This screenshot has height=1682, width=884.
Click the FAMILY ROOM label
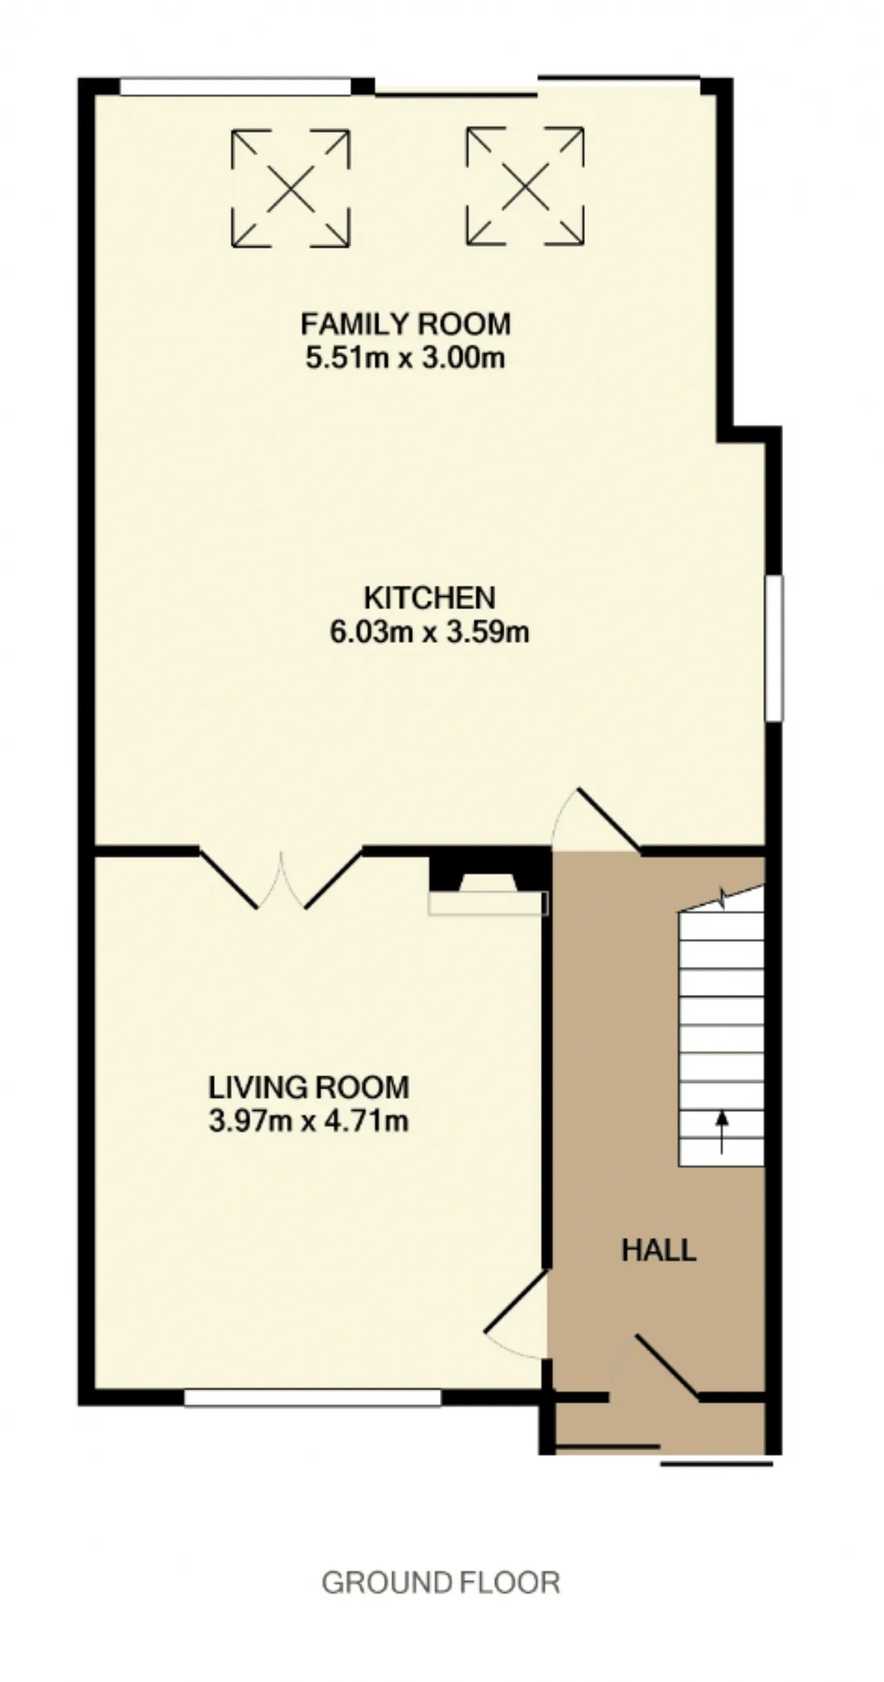(405, 324)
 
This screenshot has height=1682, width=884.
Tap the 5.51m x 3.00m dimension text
(405, 358)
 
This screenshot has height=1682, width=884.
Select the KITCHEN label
(430, 598)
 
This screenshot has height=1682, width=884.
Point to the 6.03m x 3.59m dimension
(430, 632)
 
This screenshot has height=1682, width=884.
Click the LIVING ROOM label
(309, 1087)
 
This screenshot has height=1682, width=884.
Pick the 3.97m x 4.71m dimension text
(309, 1120)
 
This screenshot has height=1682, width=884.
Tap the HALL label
(659, 1250)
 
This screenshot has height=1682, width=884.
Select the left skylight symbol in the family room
(291, 188)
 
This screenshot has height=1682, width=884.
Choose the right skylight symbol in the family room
(525, 186)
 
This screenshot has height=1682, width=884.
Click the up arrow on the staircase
(722, 1131)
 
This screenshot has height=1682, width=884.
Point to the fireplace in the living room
(488, 886)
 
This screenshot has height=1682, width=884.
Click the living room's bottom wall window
(313, 1397)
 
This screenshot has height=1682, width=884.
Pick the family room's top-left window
(236, 86)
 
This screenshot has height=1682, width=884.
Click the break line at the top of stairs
(722, 899)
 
